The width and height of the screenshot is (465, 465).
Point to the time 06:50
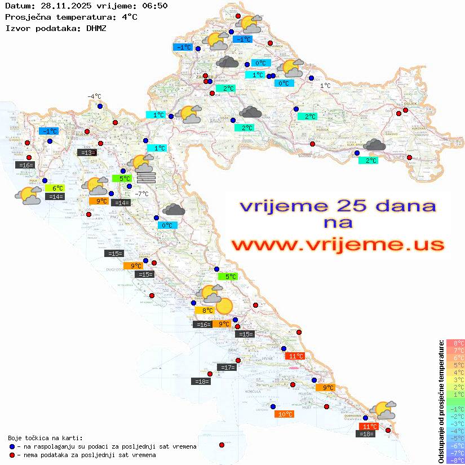(153, 6)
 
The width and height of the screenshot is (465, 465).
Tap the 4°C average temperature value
(130, 17)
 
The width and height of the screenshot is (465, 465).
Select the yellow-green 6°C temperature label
(57, 188)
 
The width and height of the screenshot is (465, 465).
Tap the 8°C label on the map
(204, 310)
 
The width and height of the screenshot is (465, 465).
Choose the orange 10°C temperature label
(285, 414)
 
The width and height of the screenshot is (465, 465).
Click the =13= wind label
(87, 152)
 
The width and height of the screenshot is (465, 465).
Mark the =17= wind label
(227, 367)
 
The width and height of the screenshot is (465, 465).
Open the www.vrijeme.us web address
(338, 245)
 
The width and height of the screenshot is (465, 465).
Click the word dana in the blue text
(405, 205)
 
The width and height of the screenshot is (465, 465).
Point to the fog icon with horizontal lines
(146, 178)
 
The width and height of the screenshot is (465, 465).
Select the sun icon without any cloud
(224, 306)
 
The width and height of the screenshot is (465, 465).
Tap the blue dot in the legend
(12, 446)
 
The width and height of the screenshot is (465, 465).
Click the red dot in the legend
(12, 455)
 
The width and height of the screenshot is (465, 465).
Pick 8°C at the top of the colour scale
(455, 343)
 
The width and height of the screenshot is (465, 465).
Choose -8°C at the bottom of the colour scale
(455, 460)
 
